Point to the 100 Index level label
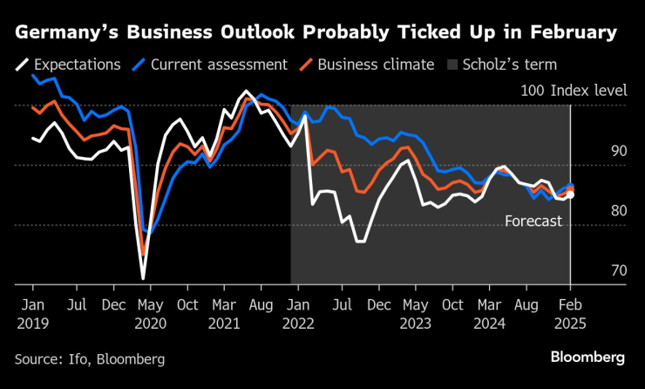(573, 91)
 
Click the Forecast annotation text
(533, 222)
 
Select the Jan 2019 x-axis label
(32, 315)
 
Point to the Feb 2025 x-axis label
(570, 315)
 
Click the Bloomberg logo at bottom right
(587, 357)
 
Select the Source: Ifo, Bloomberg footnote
(89, 358)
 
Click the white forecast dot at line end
(570, 195)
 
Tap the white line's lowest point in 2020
(143, 278)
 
